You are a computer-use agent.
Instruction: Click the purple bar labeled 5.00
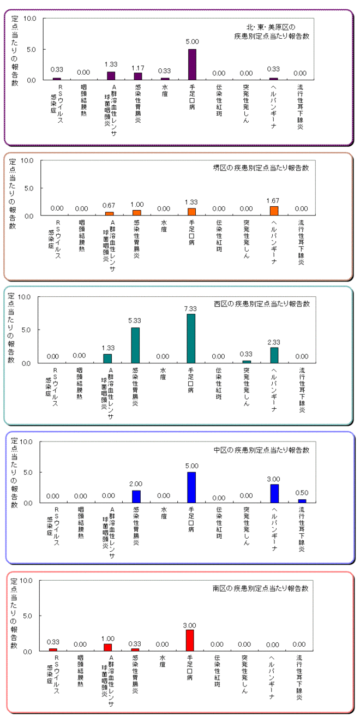pyautogui.click(x=192, y=64)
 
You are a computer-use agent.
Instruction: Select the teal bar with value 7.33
pyautogui.click(x=191, y=338)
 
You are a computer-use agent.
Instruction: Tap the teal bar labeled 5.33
pyautogui.click(x=135, y=345)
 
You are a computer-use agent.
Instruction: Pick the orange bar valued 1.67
pyautogui.click(x=274, y=211)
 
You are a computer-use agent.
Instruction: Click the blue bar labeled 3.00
pyautogui.click(x=274, y=493)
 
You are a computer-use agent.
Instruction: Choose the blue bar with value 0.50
pyautogui.click(x=302, y=501)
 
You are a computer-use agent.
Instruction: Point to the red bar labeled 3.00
pyautogui.click(x=190, y=640)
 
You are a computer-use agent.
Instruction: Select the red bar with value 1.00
pyautogui.click(x=107, y=647)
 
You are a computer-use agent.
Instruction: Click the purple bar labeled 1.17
pyautogui.click(x=137, y=76)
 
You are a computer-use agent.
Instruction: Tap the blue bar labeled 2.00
pyautogui.click(x=136, y=497)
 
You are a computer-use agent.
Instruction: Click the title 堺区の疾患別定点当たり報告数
pyautogui.click(x=261, y=168)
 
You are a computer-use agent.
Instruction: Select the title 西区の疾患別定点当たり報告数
pyautogui.click(x=262, y=303)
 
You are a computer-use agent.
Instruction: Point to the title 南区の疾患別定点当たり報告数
pyautogui.click(x=260, y=588)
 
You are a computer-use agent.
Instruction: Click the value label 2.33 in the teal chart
pyautogui.click(x=274, y=342)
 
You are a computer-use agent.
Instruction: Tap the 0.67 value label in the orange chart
pyautogui.click(x=109, y=205)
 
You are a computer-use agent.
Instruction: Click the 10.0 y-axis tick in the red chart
pyautogui.click(x=26, y=581)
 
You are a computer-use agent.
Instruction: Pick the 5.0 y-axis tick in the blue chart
pyautogui.click(x=28, y=473)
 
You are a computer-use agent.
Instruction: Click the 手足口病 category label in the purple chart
pyautogui.click(x=192, y=97)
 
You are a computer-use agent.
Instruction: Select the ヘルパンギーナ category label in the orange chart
pyautogui.click(x=274, y=242)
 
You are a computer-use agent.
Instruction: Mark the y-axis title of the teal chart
pyautogui.click(x=11, y=328)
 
